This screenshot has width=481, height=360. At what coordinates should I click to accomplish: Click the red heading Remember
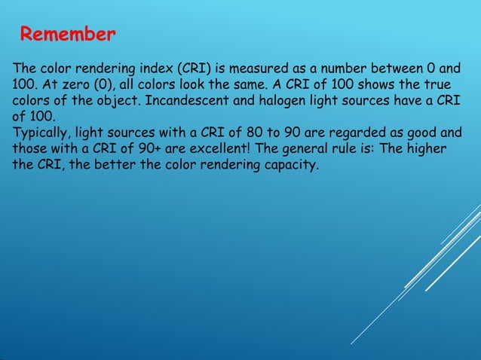click(67, 35)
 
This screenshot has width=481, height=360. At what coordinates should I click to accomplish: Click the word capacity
click(290, 165)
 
